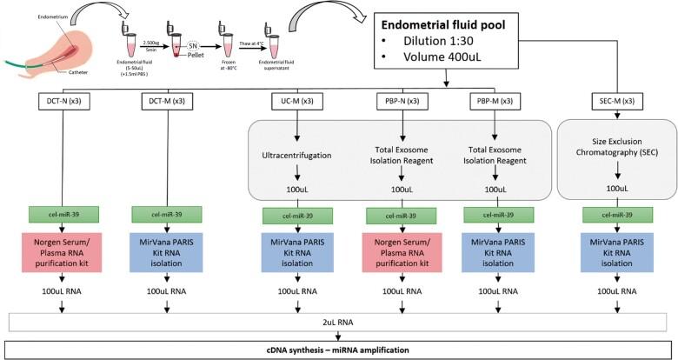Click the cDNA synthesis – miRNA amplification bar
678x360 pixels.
click(338, 348)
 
